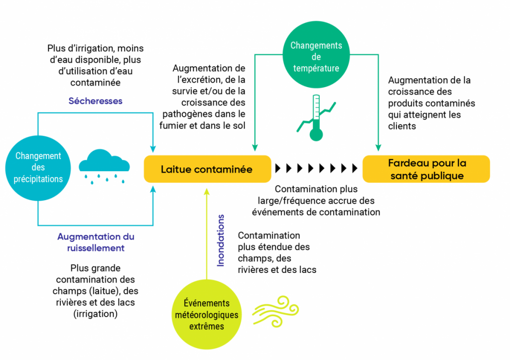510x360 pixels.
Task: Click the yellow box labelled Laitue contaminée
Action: tap(208, 169)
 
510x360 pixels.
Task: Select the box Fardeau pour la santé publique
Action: tap(426, 169)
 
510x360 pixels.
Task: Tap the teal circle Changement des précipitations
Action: tap(38, 168)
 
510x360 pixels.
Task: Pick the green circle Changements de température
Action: tap(316, 55)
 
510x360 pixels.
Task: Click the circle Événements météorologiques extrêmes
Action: tap(207, 315)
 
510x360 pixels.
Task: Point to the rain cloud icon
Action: tap(104, 166)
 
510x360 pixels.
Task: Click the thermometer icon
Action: tap(316, 118)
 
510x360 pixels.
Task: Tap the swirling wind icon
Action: tap(275, 311)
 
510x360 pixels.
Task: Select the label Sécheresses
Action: tap(95, 101)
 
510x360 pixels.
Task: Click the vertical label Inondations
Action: tap(221, 240)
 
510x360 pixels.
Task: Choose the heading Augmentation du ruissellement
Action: tap(96, 242)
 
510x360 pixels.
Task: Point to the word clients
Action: tap(402, 126)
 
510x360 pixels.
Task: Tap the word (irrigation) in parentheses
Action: tap(95, 314)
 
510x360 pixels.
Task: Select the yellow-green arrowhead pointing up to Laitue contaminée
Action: tap(207, 192)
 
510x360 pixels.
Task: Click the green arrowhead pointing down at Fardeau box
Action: tap(378, 148)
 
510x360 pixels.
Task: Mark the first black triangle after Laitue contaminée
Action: tap(278, 168)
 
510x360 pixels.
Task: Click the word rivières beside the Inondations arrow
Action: tap(252, 270)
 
